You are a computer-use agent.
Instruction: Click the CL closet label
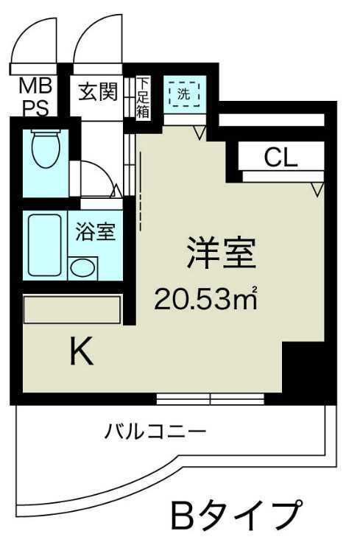tap(281, 156)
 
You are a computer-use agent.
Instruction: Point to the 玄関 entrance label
tap(99, 94)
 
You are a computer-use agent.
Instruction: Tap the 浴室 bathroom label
tap(94, 231)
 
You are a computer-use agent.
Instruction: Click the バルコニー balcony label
tap(155, 430)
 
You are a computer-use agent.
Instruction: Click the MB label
tap(34, 84)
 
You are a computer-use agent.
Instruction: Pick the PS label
tap(34, 107)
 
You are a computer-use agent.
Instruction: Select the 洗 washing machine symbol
tap(182, 94)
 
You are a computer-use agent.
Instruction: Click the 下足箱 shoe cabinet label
tap(143, 96)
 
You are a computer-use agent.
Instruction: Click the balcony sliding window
tap(211, 399)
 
